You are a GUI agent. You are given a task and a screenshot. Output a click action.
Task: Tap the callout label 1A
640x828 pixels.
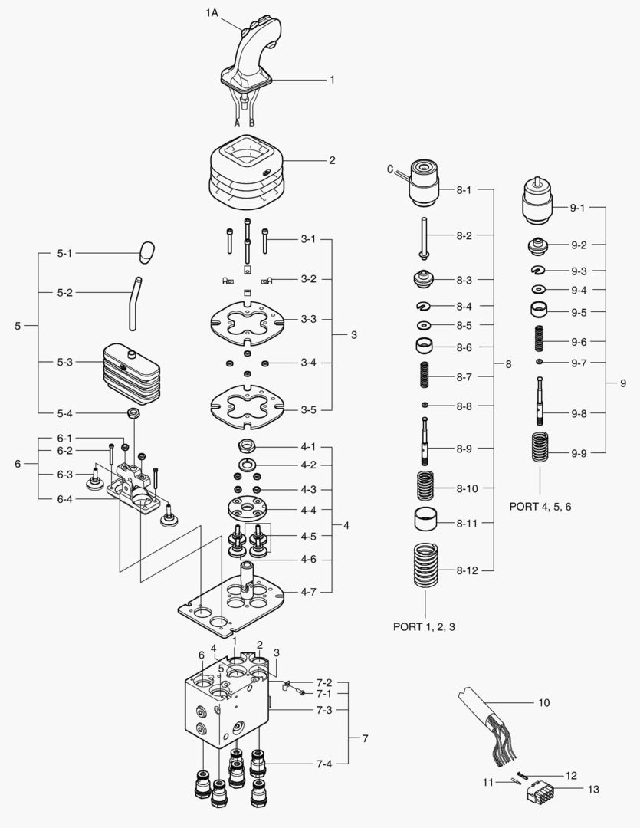click(213, 13)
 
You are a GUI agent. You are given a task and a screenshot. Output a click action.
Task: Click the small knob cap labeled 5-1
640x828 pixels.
click(148, 252)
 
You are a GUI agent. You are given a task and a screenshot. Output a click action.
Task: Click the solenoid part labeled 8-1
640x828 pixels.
click(424, 183)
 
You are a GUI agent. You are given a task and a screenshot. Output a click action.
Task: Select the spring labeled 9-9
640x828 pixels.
click(541, 446)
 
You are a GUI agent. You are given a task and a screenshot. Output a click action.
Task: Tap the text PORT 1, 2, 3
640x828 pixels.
click(428, 626)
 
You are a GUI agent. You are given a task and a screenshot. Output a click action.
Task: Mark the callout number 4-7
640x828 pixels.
click(308, 592)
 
